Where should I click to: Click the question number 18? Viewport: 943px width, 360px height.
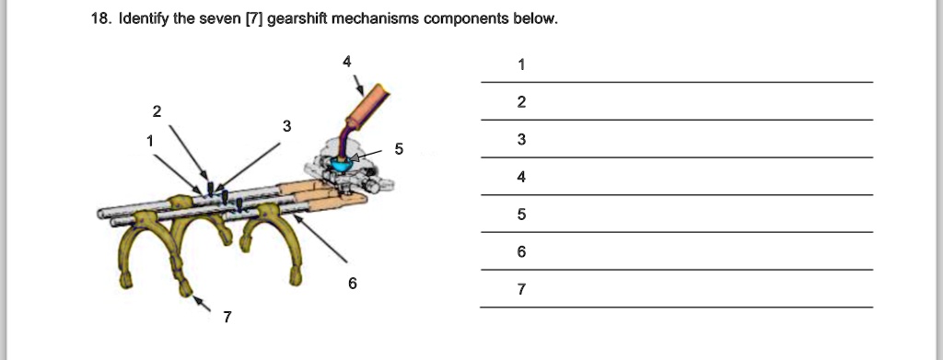tap(100, 18)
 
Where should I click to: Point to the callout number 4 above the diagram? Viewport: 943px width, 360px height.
tap(347, 62)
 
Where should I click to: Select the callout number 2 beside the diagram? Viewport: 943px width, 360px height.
tap(157, 111)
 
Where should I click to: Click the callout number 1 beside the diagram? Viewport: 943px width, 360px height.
tap(150, 141)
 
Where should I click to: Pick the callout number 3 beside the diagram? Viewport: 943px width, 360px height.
tap(287, 126)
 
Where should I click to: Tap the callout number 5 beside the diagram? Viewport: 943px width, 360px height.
tap(399, 149)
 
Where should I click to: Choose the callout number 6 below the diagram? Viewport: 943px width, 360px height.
tap(353, 283)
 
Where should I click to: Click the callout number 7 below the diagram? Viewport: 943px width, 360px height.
tap(227, 318)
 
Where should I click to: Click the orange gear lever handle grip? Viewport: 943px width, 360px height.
tap(367, 107)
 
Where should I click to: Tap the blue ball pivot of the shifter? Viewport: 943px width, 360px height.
tap(343, 162)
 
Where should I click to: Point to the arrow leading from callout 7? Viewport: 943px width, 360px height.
tap(202, 304)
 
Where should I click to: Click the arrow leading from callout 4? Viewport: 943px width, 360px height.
tap(359, 86)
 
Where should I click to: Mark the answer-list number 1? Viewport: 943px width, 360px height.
tap(521, 64)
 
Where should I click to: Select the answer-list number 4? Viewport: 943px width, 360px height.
tap(521, 178)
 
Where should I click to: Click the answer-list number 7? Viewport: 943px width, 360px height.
tap(521, 290)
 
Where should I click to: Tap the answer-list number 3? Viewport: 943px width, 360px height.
tap(521, 139)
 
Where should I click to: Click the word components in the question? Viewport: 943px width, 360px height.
tap(466, 19)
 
